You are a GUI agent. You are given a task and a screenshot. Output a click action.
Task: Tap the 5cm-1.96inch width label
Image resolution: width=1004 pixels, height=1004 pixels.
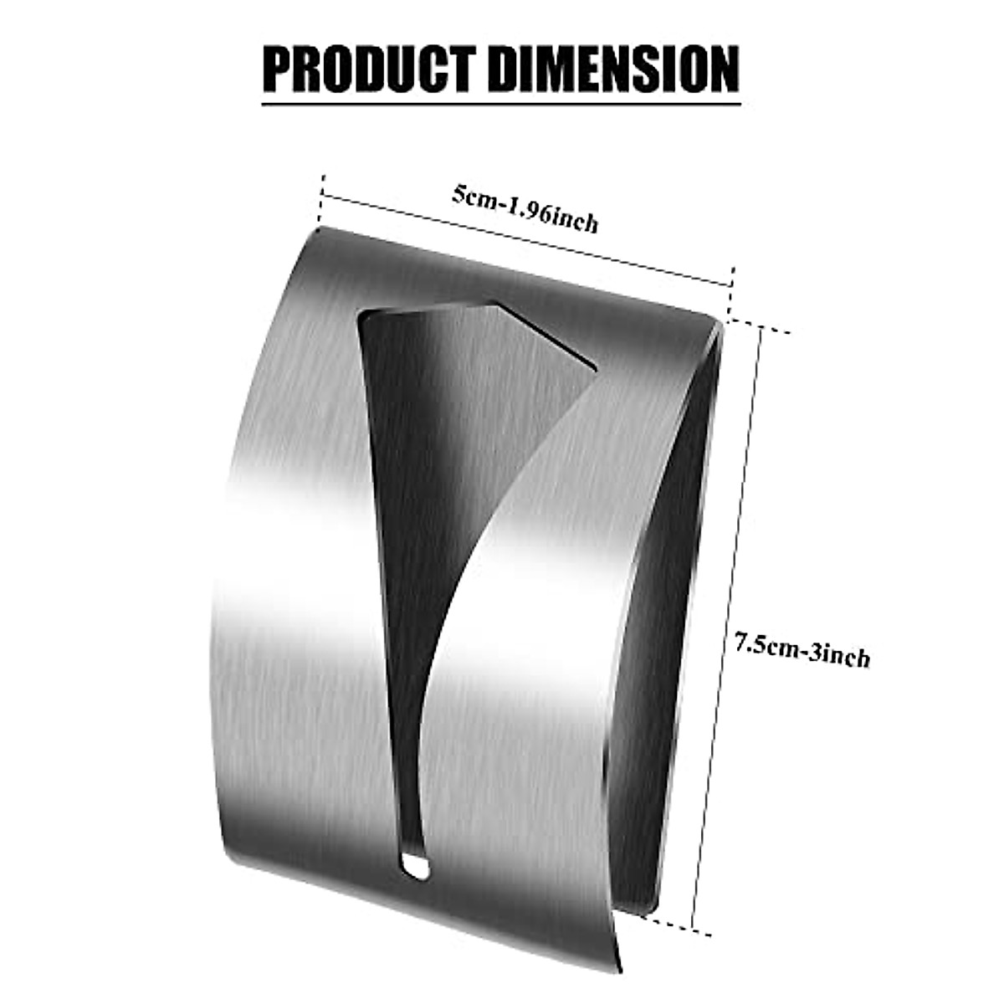click(x=525, y=209)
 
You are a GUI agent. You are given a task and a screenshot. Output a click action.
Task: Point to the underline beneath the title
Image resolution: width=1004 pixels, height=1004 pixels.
click(x=501, y=104)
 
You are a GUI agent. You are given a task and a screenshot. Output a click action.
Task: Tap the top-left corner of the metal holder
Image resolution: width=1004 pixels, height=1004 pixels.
click(x=320, y=228)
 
